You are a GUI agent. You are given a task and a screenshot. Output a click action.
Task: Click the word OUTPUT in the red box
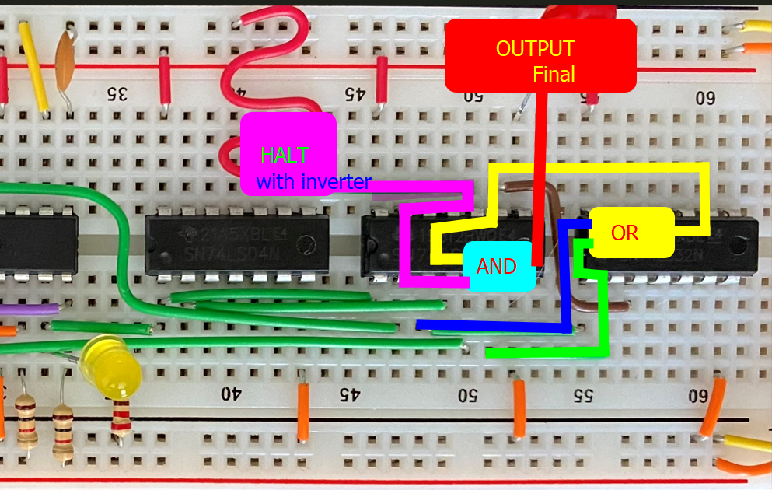536,48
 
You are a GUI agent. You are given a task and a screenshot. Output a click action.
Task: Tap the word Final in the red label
554,75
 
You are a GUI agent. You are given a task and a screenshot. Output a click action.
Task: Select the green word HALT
285,155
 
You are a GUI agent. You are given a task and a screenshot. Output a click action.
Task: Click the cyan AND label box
498,267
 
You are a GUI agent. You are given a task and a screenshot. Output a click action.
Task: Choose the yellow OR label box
625,233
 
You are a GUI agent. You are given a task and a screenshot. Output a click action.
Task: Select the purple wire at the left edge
27,309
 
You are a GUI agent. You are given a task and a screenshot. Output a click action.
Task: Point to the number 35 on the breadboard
117,95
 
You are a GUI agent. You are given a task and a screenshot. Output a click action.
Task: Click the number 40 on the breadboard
231,394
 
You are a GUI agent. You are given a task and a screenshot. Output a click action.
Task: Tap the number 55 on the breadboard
582,394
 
